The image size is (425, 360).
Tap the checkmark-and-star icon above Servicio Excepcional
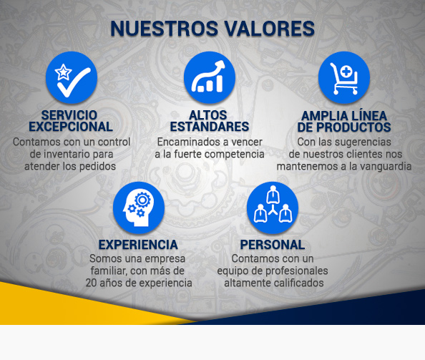coord(71,77)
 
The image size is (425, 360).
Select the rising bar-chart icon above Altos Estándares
coord(209,77)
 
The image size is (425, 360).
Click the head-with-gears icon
coord(138,208)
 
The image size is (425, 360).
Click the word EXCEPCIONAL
coord(71,127)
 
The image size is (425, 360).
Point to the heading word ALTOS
coord(208,115)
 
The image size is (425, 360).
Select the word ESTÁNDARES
coord(209,127)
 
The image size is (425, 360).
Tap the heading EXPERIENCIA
coord(138,245)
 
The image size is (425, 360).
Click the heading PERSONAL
coord(272,245)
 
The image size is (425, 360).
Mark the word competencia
coord(233,154)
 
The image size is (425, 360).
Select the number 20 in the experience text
coord(92,283)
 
